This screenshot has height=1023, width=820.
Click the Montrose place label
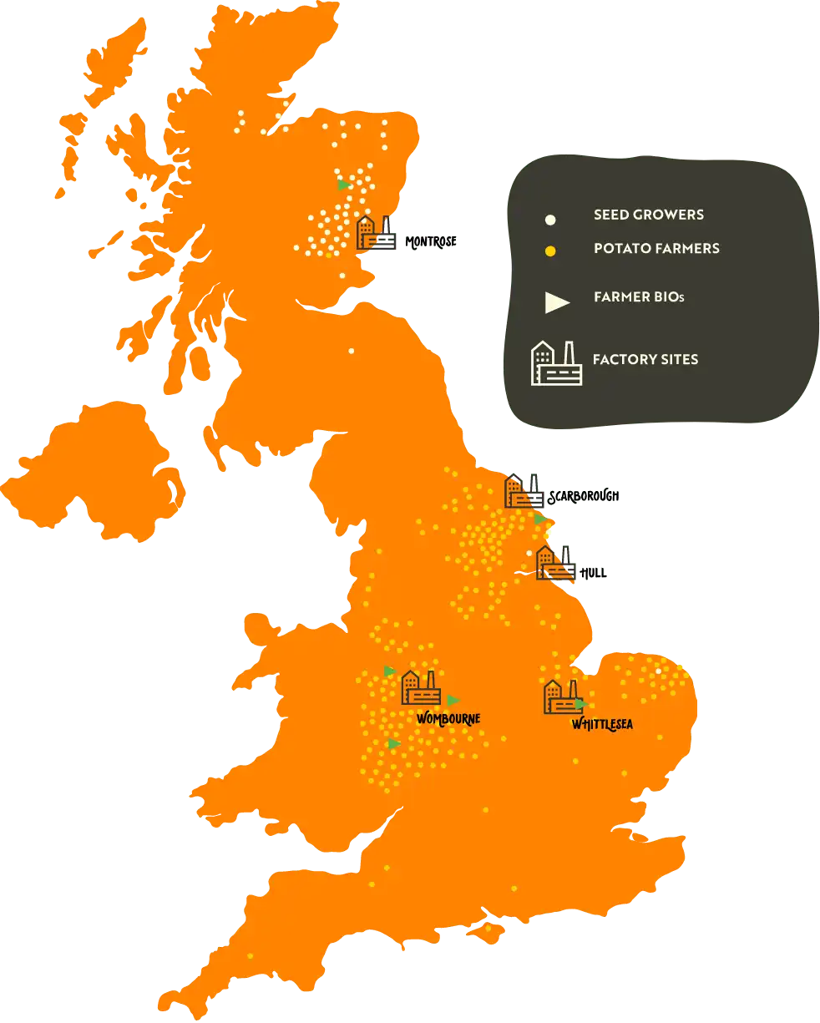tap(431, 242)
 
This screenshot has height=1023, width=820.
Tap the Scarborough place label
tap(583, 497)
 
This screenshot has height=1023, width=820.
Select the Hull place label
tap(593, 573)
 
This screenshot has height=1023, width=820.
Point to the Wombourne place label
tap(448, 718)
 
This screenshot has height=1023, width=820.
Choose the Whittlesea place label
tap(602, 724)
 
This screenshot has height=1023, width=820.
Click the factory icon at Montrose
tap(376, 232)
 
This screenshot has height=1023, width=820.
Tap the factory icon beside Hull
tap(555, 563)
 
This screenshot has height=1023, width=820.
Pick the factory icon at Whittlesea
tap(562, 696)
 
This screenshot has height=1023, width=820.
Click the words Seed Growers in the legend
tap(648, 215)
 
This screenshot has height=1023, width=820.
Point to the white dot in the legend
tap(550, 220)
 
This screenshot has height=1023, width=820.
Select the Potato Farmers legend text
tap(656, 248)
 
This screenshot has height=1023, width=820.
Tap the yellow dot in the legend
tap(550, 251)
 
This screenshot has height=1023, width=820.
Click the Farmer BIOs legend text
tap(639, 296)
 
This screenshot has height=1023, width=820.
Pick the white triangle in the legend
tap(556, 302)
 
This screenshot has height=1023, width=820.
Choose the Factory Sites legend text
tap(645, 359)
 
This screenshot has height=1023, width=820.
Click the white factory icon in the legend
tap(556, 363)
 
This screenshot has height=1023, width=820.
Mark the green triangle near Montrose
tap(343, 185)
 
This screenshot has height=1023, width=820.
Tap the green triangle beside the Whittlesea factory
tap(580, 704)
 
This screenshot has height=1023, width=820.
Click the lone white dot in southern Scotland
tap(351, 351)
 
